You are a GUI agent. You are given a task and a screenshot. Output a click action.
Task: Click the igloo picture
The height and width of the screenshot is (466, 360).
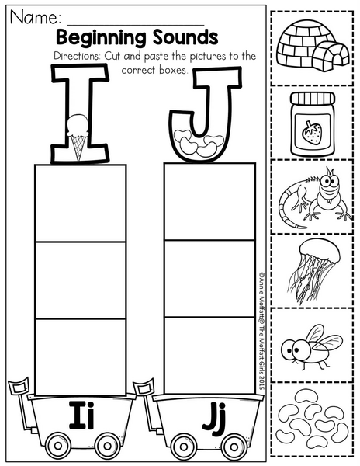point(313,46)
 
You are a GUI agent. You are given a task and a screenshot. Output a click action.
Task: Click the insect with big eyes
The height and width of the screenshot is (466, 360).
point(311,346)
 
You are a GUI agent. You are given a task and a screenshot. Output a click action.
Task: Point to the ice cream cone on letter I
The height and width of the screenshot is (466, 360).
point(78,137)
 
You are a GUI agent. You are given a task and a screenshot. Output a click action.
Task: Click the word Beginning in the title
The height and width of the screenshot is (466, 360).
point(101,38)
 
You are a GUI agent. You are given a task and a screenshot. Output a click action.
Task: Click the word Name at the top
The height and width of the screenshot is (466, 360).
point(35,17)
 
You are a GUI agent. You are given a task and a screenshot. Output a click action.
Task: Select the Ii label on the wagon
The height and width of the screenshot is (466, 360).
point(81,416)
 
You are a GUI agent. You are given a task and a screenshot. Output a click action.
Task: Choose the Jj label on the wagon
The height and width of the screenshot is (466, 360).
point(213,417)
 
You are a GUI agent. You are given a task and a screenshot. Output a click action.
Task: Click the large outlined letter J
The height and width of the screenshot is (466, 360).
point(205,114)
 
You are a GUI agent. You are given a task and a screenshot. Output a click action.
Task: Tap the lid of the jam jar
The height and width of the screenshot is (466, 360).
point(313,98)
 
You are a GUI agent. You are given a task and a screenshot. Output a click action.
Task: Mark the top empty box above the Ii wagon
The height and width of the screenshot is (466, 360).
point(81,203)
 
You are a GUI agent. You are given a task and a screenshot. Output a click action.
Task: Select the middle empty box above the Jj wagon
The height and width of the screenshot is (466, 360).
point(209,279)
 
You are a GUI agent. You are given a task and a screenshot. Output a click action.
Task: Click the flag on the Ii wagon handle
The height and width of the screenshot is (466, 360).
point(19,385)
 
